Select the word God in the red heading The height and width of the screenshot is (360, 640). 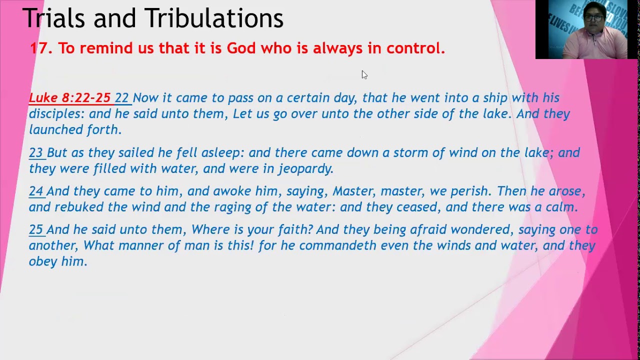[x=241, y=48]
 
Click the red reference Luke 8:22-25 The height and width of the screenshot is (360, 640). [x=69, y=98]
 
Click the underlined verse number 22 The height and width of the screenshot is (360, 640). [x=121, y=98]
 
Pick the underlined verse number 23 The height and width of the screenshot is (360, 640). [x=35, y=153]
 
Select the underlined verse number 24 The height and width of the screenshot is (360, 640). [x=35, y=191]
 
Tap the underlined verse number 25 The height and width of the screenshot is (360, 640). [x=35, y=230]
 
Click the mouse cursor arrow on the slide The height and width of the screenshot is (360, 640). [x=364, y=74]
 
